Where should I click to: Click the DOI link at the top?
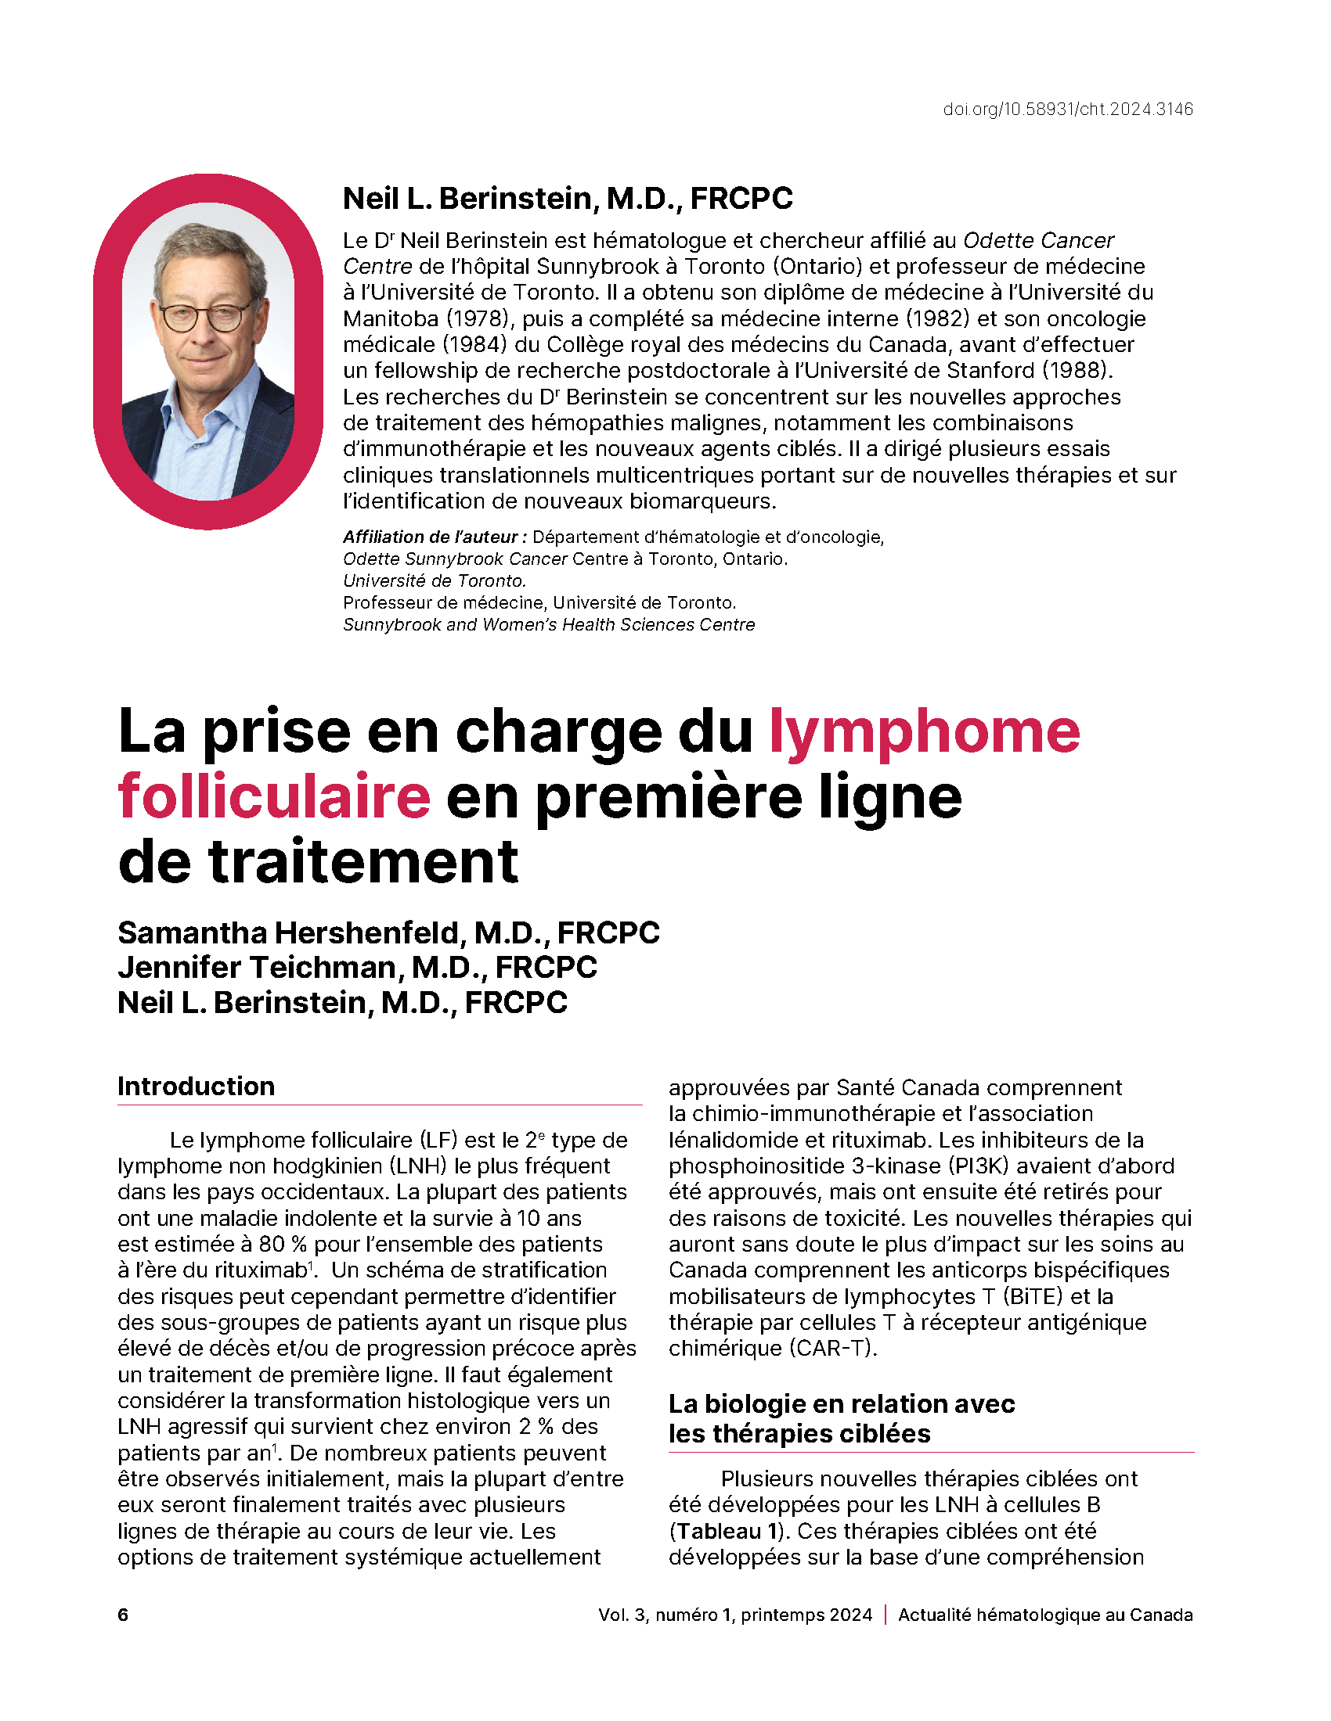[1068, 110]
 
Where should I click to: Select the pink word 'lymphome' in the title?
[924, 732]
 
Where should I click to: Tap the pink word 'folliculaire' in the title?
[274, 796]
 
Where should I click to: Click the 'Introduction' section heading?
[197, 1087]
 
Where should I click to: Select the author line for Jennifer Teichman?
[357, 968]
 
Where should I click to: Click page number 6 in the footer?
[123, 1615]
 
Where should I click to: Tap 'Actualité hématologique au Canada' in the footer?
[1044, 1615]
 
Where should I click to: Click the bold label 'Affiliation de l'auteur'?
[435, 537]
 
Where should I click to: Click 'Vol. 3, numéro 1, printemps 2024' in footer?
[735, 1615]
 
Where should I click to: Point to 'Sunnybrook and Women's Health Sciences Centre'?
[549, 625]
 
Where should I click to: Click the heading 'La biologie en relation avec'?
[842, 1404]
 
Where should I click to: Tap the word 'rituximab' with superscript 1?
[259, 1270]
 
